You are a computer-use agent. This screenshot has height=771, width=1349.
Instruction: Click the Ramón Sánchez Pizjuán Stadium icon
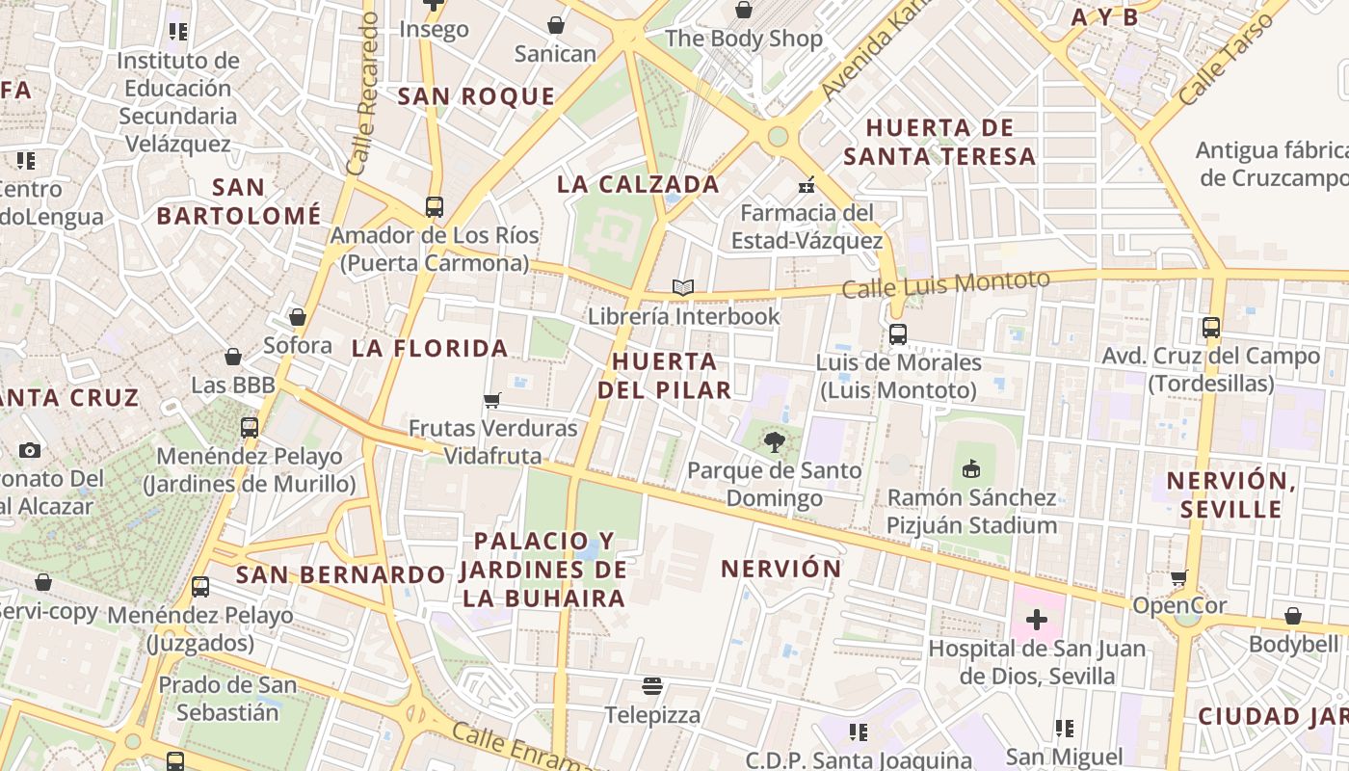click(971, 469)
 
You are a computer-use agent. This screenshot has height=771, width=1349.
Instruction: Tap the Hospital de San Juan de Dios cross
click(1037, 620)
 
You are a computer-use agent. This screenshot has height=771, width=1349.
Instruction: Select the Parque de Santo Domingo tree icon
click(774, 442)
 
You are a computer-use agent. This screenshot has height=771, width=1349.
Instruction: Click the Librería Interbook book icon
click(682, 287)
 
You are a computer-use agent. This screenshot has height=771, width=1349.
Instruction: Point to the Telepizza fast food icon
click(652, 686)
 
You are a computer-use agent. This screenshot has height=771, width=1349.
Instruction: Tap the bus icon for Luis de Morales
click(897, 334)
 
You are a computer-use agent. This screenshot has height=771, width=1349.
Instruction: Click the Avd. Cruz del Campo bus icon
click(1211, 328)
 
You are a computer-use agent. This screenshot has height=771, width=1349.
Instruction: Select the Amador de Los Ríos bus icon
click(434, 206)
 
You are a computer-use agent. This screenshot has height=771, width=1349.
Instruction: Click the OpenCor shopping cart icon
click(1179, 578)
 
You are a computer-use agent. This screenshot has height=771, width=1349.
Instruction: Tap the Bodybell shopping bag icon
click(1293, 616)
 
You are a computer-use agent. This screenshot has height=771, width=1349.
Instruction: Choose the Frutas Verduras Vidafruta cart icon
click(492, 400)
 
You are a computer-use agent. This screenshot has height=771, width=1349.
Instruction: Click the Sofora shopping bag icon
click(298, 317)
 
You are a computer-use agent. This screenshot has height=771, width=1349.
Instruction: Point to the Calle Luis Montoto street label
click(945, 284)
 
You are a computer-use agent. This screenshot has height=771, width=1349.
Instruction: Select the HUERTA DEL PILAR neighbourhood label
click(664, 375)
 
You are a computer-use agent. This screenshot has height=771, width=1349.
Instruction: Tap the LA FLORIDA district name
click(430, 348)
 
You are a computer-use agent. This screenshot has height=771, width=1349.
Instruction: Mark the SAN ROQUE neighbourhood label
click(476, 96)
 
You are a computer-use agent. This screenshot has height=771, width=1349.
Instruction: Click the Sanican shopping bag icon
click(555, 25)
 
